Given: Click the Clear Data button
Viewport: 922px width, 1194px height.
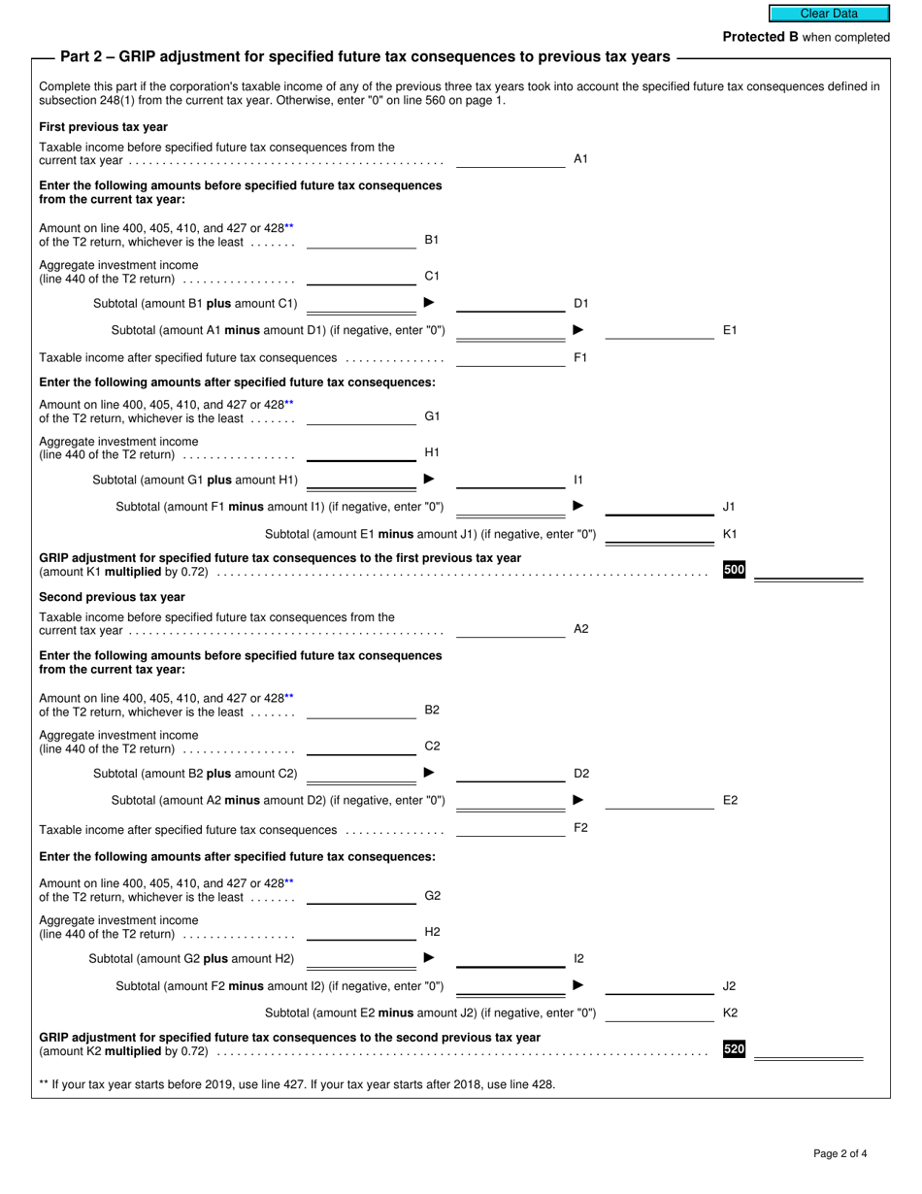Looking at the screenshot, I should click(829, 14).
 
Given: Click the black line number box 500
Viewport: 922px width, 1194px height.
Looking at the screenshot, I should click(734, 570).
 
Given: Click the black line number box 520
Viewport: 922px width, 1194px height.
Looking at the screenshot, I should click(734, 1049).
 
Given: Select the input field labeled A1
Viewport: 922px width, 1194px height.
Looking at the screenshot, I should click(510, 159).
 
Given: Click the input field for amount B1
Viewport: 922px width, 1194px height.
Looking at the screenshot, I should click(361, 241).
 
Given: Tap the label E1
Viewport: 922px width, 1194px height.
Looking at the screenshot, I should click(730, 331).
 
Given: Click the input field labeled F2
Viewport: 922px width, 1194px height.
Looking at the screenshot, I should click(510, 828).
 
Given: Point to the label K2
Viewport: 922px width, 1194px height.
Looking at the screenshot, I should click(731, 1012).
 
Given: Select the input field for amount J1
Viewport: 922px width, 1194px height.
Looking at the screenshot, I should click(659, 506).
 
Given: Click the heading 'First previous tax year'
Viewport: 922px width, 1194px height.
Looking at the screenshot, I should click(103, 127).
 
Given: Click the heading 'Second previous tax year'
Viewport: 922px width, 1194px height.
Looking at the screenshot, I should click(112, 597).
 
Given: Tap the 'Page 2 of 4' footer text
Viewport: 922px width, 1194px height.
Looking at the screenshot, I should click(840, 1154).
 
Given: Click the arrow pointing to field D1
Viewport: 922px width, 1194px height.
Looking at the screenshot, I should click(430, 303).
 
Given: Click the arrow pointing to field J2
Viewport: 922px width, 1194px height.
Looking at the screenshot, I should click(578, 985).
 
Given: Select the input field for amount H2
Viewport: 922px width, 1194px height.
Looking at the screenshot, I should click(361, 932).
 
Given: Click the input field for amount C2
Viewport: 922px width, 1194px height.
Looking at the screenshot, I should click(361, 746).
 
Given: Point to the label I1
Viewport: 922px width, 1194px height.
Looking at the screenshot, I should click(578, 480).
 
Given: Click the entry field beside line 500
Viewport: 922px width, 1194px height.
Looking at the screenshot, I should click(807, 571).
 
